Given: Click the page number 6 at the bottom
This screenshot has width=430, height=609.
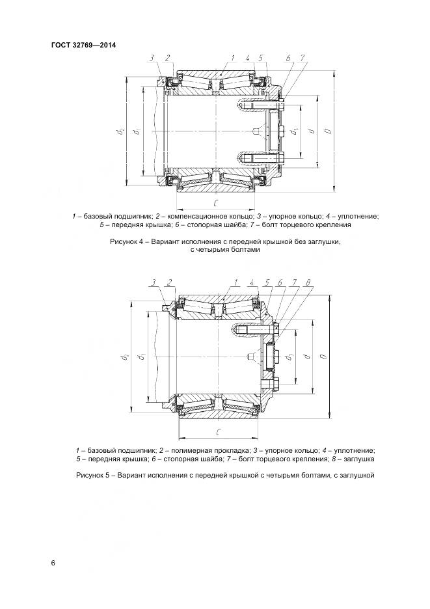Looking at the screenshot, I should pyautogui.click(x=53, y=562).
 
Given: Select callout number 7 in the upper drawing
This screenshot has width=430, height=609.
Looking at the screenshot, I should pyautogui.click(x=303, y=58).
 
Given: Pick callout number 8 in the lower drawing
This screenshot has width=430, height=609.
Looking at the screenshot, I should pyautogui.click(x=308, y=282).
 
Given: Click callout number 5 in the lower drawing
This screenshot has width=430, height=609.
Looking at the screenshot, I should pyautogui.click(x=267, y=282).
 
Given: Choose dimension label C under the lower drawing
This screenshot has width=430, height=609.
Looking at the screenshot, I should pyautogui.click(x=218, y=431).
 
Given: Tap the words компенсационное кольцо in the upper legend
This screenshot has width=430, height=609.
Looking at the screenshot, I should pyautogui.click(x=198, y=215).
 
